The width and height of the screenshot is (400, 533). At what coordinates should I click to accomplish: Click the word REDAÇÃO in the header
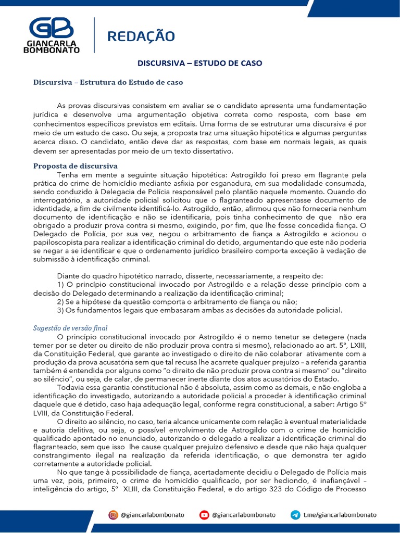click(141, 36)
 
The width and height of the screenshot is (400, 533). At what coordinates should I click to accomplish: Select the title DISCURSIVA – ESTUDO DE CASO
click(199, 63)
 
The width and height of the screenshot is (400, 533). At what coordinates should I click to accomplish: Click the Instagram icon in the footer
click(113, 515)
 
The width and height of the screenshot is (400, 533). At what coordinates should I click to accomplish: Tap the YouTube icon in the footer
click(204, 515)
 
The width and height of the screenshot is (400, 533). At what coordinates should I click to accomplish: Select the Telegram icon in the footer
click(295, 515)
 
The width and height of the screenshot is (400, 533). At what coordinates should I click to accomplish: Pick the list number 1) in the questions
click(60, 284)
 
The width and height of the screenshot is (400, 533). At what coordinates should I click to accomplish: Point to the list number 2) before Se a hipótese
click(61, 301)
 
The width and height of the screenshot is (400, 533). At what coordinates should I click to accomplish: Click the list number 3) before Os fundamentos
click(61, 310)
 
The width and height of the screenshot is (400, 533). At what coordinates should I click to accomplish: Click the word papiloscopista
click(57, 243)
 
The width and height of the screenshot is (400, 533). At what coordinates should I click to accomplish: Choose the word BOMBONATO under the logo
click(51, 49)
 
